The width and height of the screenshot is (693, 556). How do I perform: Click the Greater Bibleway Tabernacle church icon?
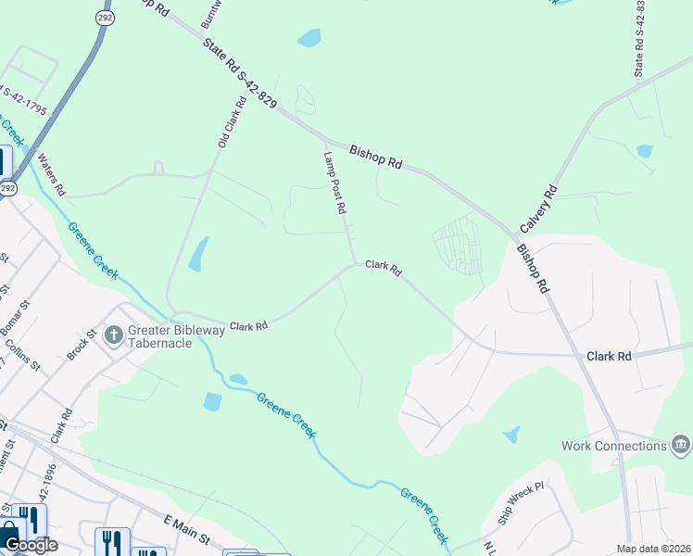[114, 334]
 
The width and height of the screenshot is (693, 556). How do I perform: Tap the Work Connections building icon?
[681, 446]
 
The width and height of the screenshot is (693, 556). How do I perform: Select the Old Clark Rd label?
[230, 123]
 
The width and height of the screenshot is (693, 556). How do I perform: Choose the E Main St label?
[188, 531]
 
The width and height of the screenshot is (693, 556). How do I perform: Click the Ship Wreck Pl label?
[519, 515]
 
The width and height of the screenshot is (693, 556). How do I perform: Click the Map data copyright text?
[654, 549]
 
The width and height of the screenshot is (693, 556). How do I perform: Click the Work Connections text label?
[614, 446]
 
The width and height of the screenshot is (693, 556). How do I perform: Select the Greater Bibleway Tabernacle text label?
[159, 336]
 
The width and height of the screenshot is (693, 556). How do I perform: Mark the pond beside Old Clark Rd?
[197, 254]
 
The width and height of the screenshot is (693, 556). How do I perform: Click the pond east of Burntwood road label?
[309, 38]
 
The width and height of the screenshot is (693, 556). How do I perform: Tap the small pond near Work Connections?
[511, 434]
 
